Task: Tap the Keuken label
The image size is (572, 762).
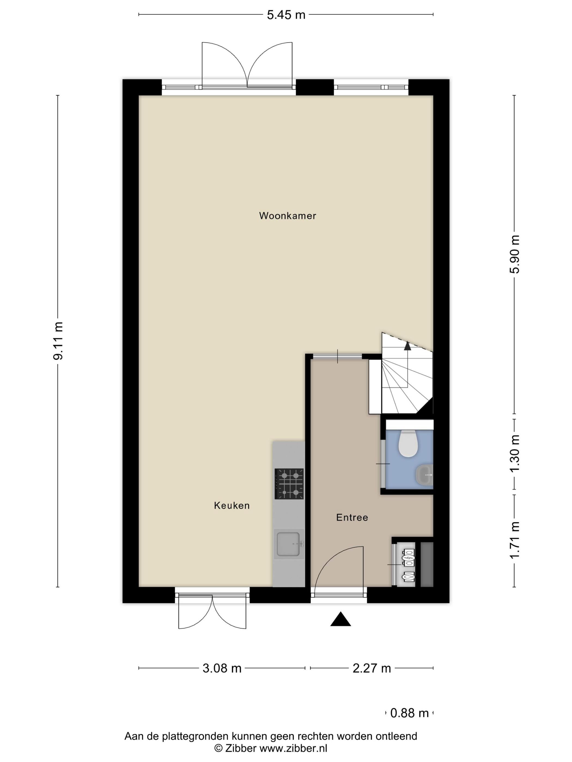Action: coord(232,505)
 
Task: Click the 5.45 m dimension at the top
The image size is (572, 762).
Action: coord(286,15)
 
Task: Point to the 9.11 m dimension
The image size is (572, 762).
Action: coord(58,341)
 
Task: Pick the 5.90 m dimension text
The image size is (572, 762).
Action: coord(515,254)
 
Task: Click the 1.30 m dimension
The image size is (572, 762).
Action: coord(515,454)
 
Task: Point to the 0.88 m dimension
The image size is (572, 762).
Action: coord(409,713)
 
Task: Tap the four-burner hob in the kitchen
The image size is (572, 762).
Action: coord(289,484)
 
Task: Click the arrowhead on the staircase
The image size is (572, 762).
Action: coord(407,346)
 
